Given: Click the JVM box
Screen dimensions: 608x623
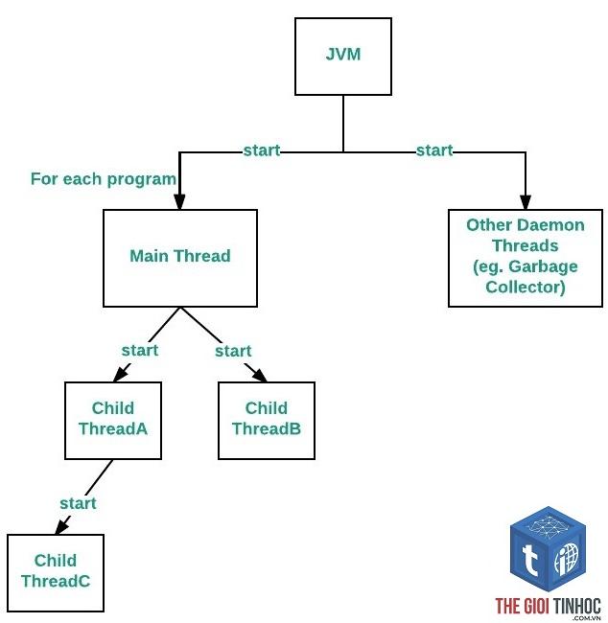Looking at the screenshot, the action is tap(343, 57).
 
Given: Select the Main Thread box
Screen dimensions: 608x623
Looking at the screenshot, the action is tap(180, 258).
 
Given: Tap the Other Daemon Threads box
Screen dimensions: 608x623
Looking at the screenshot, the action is tap(526, 258).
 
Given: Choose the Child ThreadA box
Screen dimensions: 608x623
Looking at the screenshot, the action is tap(113, 421).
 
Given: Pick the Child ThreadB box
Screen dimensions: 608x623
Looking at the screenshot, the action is tap(267, 421).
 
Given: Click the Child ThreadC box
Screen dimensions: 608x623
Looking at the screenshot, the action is tap(56, 573).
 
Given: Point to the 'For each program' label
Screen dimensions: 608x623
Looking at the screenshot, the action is tap(104, 179).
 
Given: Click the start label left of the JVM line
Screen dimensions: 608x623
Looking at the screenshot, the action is tap(262, 150).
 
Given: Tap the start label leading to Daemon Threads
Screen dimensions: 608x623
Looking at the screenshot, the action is tap(434, 150).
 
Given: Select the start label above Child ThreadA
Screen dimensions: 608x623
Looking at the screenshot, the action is tap(140, 351).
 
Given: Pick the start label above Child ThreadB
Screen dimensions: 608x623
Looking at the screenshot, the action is tap(233, 351).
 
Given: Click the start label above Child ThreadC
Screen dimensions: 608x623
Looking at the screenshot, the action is tap(78, 503).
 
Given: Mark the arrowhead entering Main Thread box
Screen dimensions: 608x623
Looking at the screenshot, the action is tap(179, 202).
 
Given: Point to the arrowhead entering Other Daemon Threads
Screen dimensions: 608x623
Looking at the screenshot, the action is tap(526, 202).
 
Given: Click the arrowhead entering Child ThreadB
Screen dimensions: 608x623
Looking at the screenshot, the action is tap(261, 376).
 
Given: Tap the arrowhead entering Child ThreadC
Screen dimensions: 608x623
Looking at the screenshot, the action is tap(61, 527).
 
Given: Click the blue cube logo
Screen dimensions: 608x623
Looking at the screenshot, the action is tap(548, 549).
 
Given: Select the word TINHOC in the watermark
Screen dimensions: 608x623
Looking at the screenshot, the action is tap(576, 607).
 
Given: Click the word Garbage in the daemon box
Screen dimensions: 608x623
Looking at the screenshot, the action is tap(543, 266).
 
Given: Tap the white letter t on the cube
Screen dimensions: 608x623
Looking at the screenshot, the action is tap(529, 560).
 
